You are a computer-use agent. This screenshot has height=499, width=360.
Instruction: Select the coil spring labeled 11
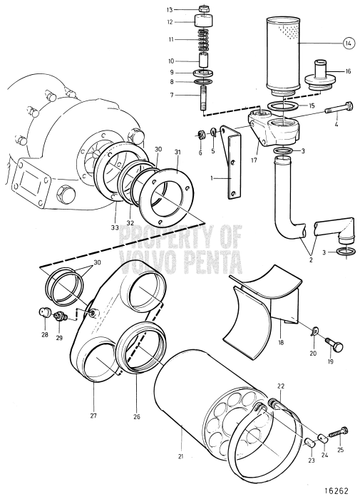(206, 41)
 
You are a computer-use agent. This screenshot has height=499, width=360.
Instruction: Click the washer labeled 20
(315, 329)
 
